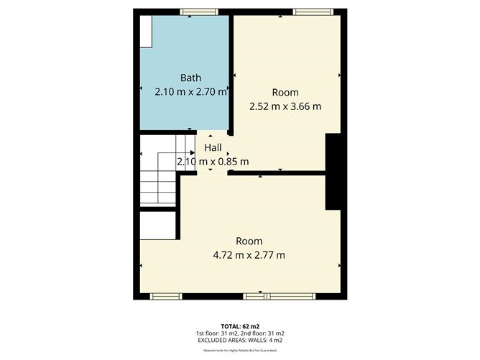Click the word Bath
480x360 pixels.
tap(190, 78)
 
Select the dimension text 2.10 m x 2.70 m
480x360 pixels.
tap(190, 92)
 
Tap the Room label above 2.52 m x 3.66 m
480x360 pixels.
tap(285, 93)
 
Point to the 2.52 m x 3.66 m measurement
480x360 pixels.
tap(285, 106)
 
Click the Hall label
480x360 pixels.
tap(213, 147)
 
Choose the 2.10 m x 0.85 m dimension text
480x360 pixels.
tap(213, 161)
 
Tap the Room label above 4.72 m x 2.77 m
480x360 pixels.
tap(249, 241)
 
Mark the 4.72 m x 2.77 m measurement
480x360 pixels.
tap(249, 254)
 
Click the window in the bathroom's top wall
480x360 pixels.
tap(190, 11)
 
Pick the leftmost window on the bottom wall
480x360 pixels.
tap(161, 295)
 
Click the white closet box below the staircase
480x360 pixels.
tap(157, 226)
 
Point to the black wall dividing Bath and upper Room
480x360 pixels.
tap(231, 72)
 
